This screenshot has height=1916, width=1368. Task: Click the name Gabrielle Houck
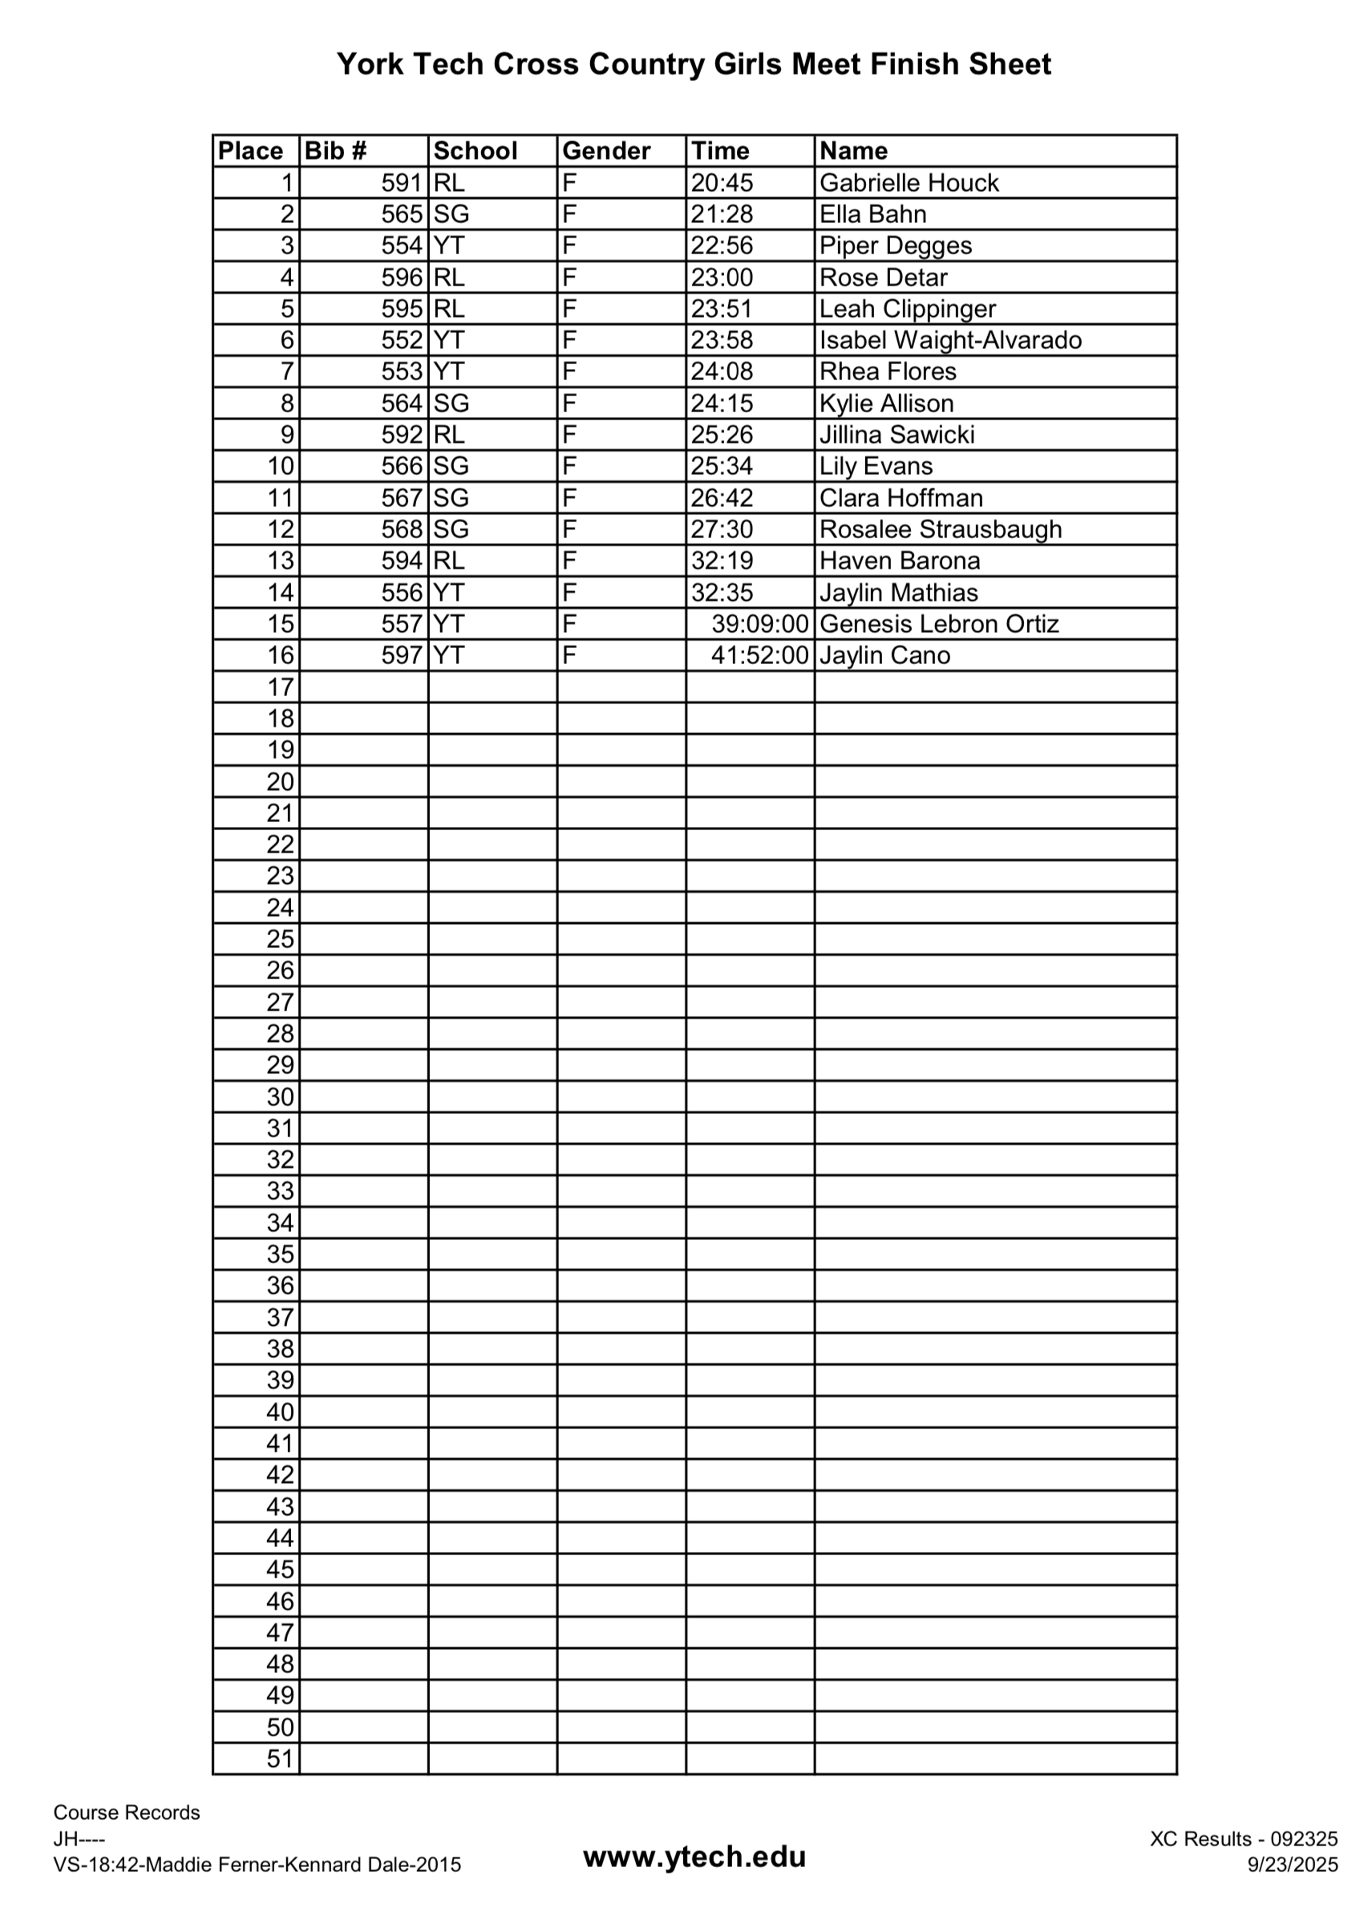tap(908, 183)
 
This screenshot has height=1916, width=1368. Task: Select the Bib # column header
tap(335, 151)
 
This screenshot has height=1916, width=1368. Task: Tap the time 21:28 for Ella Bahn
tap(722, 214)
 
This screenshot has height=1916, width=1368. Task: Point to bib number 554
tap(401, 246)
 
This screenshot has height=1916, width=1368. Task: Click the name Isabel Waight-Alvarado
tap(950, 340)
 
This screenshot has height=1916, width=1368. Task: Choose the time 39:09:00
tap(759, 624)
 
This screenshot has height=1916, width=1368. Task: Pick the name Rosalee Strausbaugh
tap(940, 529)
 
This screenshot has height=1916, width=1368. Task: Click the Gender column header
tap(605, 151)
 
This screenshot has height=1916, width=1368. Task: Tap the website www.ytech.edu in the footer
tap(694, 1856)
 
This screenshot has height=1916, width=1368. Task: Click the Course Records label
tap(127, 1813)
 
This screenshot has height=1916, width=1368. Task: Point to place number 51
tap(281, 1759)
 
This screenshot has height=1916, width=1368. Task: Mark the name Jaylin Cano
tap(884, 655)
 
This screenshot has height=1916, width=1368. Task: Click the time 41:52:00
tap(759, 655)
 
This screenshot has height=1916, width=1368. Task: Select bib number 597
tap(401, 655)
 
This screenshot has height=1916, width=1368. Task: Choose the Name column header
tap(852, 151)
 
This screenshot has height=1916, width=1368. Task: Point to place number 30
tap(281, 1097)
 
